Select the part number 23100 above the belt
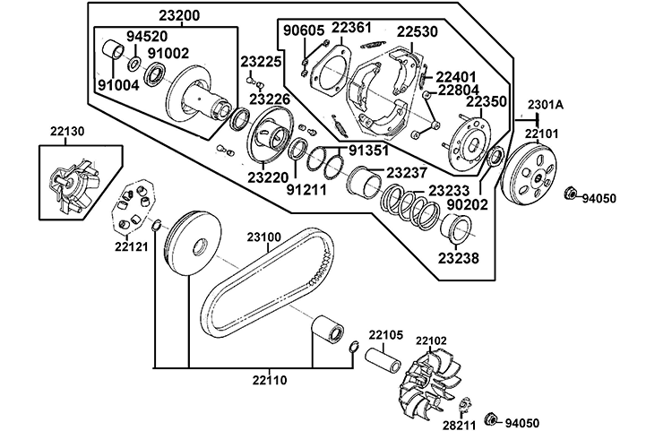coord(264,237)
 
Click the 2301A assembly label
coord(547,105)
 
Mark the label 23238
coord(458,258)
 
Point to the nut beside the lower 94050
coord(492,419)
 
